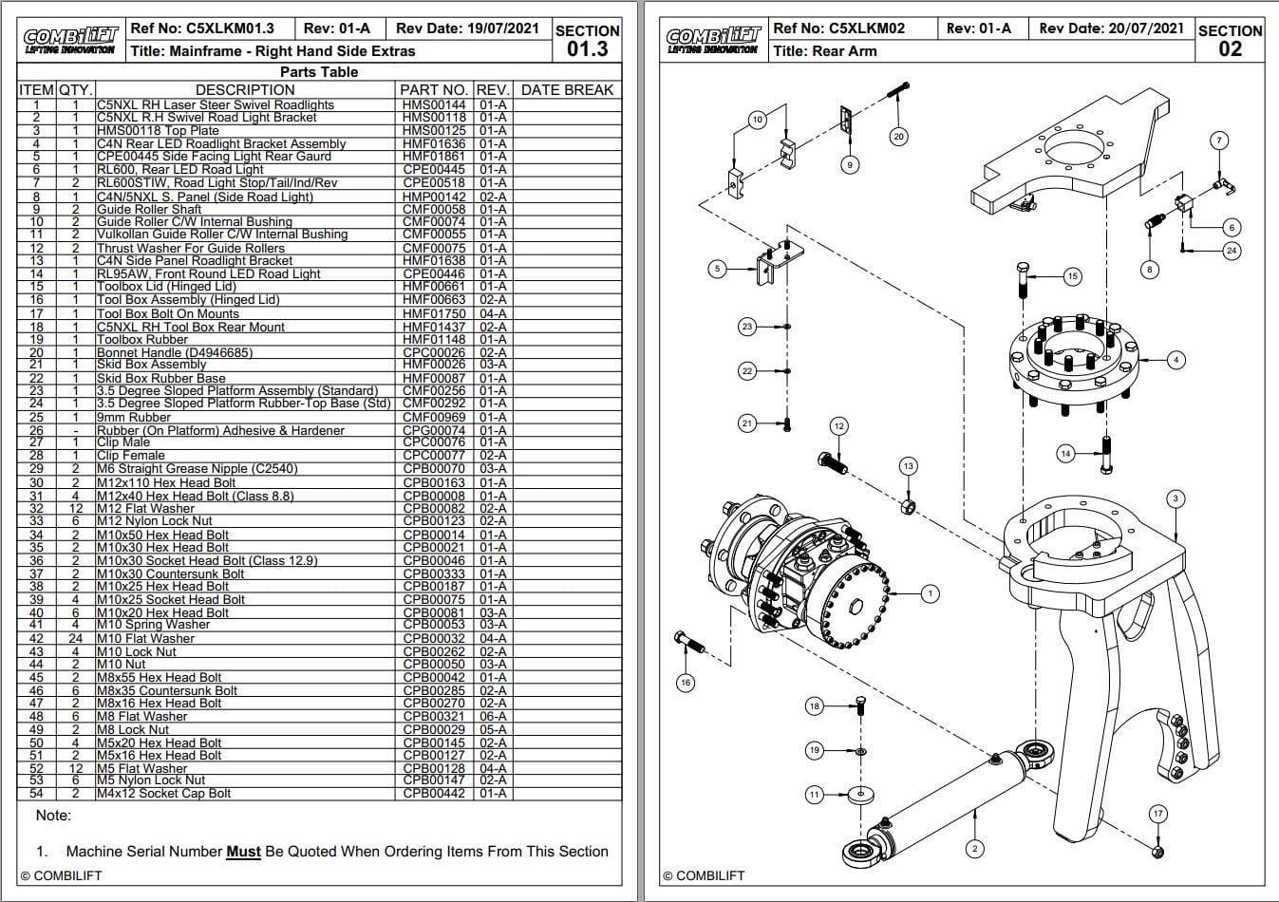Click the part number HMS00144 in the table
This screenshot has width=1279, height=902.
434,105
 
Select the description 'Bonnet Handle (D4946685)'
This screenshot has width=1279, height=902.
175,352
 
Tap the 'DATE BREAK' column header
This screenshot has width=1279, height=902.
567,89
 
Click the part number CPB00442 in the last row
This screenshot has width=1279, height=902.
434,793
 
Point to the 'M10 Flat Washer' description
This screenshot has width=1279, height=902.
145,638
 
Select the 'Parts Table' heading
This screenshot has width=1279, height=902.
319,72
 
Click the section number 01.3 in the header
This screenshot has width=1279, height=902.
587,48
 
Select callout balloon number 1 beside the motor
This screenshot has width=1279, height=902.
931,593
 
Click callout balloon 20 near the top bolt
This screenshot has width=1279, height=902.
898,136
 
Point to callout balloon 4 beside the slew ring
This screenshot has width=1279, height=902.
1176,360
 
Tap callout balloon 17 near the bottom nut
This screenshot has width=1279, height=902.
1157,814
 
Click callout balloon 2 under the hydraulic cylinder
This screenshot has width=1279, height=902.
974,848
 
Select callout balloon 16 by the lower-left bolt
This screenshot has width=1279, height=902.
686,682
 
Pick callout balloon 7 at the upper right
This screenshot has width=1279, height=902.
1219,141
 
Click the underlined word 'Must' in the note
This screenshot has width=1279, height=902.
243,852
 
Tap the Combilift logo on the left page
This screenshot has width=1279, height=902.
71,40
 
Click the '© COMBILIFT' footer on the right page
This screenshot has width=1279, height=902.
704,875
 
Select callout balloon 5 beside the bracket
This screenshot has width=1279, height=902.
718,269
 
